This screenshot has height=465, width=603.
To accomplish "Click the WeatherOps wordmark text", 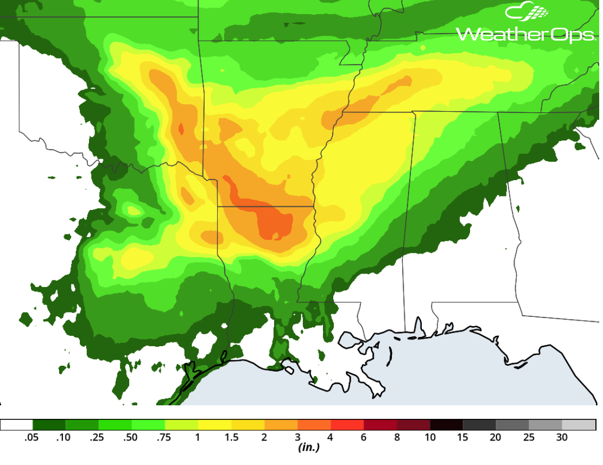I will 526,34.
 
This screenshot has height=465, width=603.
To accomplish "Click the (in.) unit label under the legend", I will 309,448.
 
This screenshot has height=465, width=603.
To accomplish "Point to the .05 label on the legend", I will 31,437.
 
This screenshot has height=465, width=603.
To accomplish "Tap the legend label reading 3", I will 297,437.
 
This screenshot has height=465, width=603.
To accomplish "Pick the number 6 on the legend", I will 364,437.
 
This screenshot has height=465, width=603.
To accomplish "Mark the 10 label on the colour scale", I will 430,437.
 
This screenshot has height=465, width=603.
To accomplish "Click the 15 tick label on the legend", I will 463,437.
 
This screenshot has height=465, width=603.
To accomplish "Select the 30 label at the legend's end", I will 562,437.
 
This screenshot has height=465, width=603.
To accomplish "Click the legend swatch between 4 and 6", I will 347,425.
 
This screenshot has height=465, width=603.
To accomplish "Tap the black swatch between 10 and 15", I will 446,425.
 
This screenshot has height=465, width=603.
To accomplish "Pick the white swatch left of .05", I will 17,425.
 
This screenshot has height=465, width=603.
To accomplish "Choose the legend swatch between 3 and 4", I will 314,425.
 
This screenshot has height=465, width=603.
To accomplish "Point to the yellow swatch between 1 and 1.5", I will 214,425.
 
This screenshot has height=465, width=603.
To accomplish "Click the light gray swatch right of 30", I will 579,425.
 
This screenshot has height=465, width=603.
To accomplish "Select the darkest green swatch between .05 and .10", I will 49,425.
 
